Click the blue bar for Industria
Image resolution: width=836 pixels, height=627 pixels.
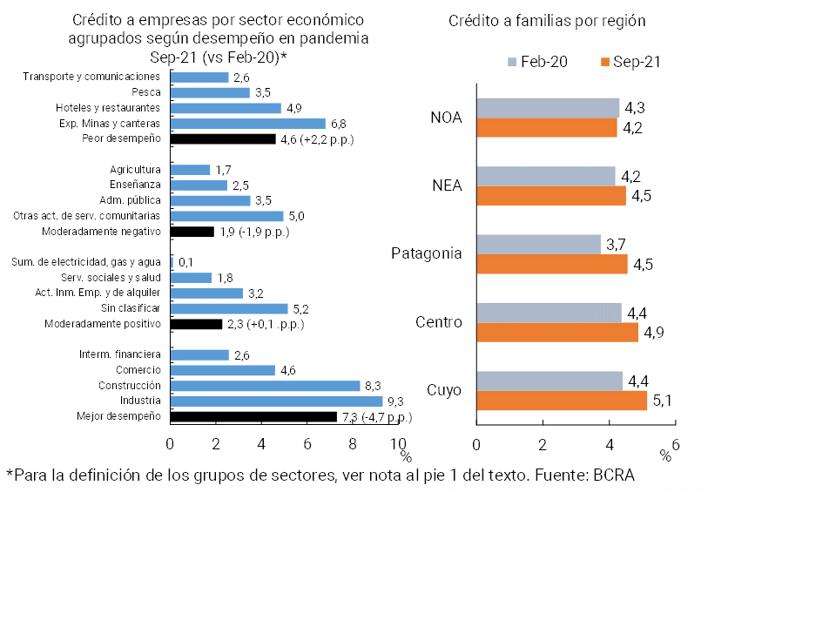click(x=277, y=401)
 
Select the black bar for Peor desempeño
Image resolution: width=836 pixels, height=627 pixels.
click(x=223, y=138)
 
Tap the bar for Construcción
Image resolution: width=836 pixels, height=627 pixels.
click(x=266, y=386)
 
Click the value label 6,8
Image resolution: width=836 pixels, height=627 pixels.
click(x=339, y=124)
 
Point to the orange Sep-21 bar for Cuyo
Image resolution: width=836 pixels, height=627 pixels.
click(x=562, y=401)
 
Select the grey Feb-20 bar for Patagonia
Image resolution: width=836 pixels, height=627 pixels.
click(x=538, y=245)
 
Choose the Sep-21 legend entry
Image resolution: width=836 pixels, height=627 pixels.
click(x=630, y=62)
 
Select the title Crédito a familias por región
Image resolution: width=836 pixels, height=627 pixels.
click(x=553, y=21)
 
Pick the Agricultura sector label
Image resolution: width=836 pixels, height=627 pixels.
click(x=135, y=170)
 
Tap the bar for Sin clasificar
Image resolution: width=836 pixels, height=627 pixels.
click(x=229, y=308)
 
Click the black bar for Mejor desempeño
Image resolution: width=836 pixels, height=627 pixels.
click(x=253, y=417)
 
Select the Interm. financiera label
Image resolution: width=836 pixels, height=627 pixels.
click(x=119, y=354)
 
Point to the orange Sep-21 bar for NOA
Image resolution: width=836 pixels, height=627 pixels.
click(x=547, y=128)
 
